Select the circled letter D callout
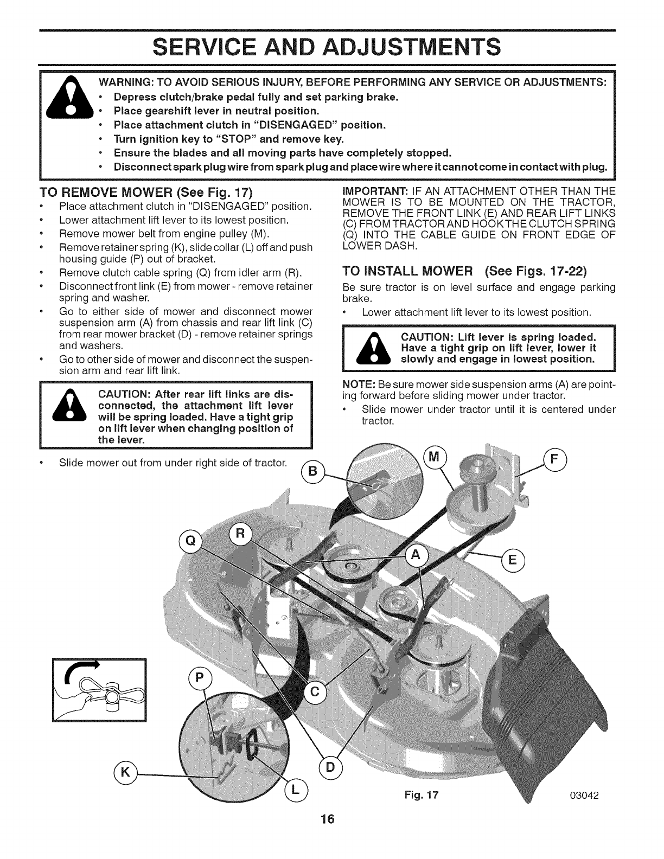coord(330,767)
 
